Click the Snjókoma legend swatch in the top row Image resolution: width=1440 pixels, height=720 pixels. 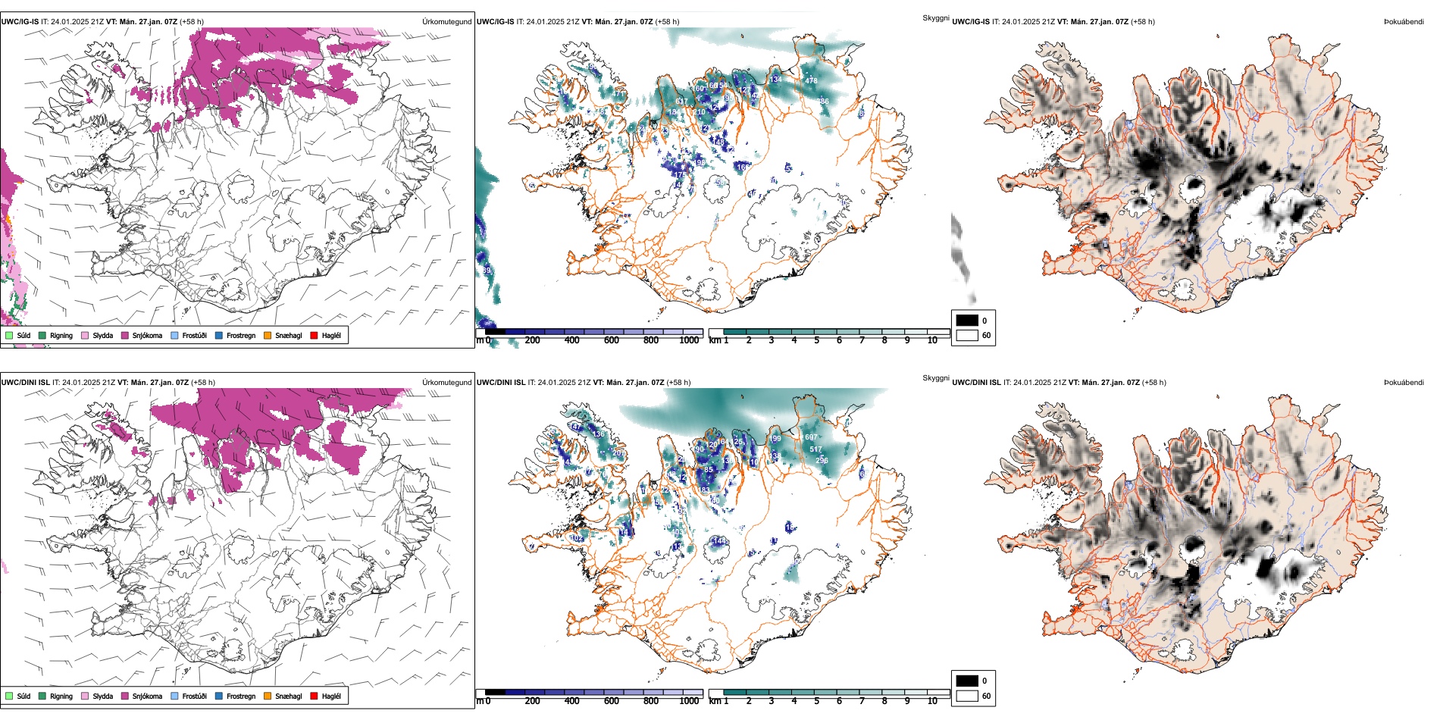pos(124,335)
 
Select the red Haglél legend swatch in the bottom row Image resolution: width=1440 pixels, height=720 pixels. pos(314,696)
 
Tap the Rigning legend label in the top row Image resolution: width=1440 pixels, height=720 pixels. pos(61,335)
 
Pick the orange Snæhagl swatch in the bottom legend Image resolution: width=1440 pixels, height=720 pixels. pos(268,696)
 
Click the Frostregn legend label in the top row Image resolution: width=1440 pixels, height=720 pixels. pos(241,335)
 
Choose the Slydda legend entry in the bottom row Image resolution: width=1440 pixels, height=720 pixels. pos(103,696)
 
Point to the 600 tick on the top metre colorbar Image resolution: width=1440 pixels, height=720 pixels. pos(612,340)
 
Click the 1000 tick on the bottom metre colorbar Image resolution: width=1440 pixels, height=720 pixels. pos(690,701)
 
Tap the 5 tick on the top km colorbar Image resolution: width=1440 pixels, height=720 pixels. pos(817,340)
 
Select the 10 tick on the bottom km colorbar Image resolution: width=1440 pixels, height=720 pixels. pos(932,701)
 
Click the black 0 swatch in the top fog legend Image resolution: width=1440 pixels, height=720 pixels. pos(967,320)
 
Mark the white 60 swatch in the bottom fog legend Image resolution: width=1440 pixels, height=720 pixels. pos(967,696)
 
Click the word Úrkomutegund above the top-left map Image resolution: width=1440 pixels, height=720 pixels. pos(446,21)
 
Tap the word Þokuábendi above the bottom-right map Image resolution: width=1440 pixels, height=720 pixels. pos(1404,382)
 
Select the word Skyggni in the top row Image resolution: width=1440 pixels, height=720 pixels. pos(935,17)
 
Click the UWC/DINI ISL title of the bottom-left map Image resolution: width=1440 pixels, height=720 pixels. pos(25,382)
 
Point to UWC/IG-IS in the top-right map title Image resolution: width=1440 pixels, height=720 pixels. pos(971,21)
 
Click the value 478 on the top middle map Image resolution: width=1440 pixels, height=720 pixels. pos(811,80)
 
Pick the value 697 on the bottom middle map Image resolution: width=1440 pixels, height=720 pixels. pos(811,437)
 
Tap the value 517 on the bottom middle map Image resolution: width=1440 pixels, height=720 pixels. pos(815,449)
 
